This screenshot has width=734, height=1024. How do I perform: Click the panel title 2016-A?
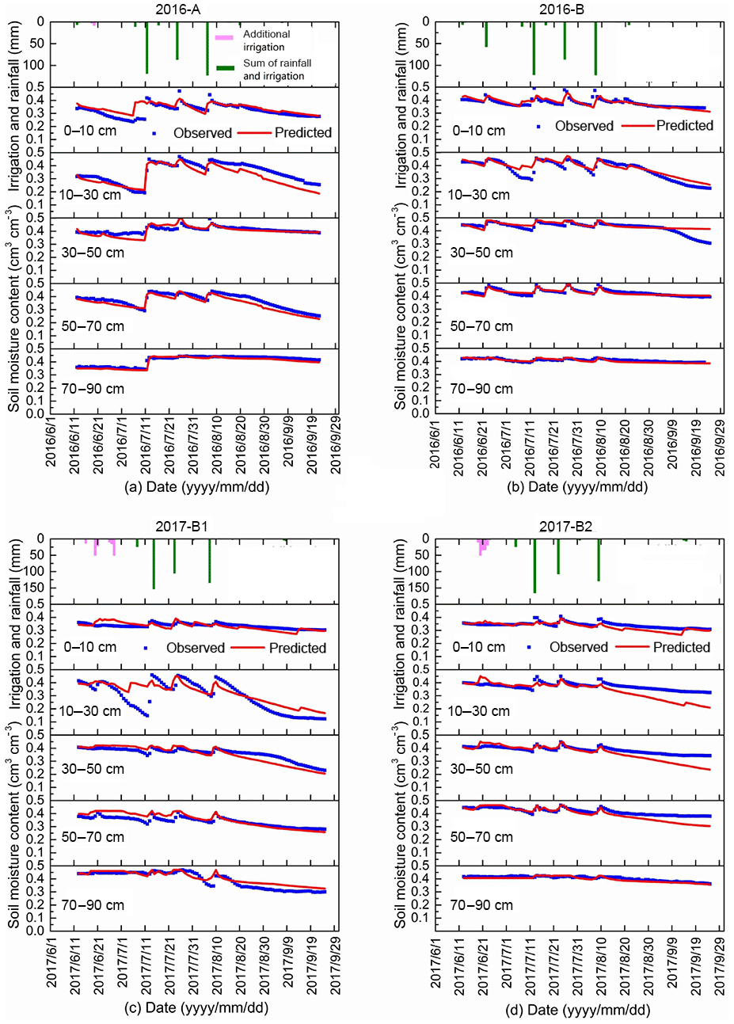click(x=188, y=10)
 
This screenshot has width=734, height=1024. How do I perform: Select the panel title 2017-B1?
click(x=188, y=526)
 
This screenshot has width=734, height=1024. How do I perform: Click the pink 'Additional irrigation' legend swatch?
click(x=225, y=36)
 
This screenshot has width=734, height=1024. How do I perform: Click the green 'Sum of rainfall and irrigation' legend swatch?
click(x=226, y=68)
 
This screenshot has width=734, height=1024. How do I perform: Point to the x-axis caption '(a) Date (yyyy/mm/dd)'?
click(x=197, y=486)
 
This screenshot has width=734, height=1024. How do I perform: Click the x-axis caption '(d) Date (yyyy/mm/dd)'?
click(x=579, y=1009)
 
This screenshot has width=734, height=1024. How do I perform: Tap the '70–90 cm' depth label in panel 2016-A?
click(x=93, y=389)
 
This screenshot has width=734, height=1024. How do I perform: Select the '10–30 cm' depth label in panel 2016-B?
click(x=478, y=194)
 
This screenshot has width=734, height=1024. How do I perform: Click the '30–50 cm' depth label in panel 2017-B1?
click(x=93, y=768)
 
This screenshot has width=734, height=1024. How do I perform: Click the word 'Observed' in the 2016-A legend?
click(x=203, y=133)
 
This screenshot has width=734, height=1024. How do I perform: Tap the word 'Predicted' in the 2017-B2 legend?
click(x=681, y=647)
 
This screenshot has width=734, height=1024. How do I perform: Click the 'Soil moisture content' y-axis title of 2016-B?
click(x=401, y=309)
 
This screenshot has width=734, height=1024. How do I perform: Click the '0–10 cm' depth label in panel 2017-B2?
click(x=478, y=647)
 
